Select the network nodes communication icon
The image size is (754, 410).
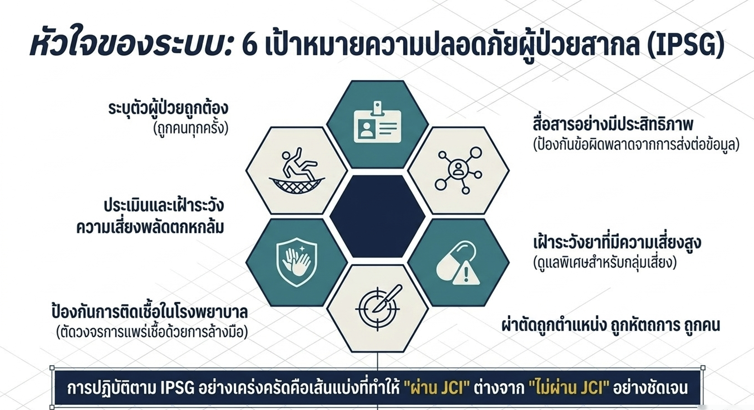(x=458, y=170)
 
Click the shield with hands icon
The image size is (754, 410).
(x=296, y=262)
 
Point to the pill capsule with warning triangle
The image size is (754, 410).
(x=458, y=263)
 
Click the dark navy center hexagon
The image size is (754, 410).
(x=377, y=216)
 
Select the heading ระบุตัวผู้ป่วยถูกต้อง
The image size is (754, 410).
(x=168, y=108)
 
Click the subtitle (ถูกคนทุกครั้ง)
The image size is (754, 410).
(x=191, y=128)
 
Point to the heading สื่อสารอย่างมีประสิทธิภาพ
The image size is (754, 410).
(x=613, y=125)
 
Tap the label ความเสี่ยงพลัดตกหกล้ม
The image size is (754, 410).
(x=150, y=227)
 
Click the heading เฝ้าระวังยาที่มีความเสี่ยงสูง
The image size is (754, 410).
(x=617, y=242)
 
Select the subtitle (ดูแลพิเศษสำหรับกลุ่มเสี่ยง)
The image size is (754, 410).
(x=605, y=263)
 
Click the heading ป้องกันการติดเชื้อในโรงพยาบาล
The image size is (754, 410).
(x=149, y=312)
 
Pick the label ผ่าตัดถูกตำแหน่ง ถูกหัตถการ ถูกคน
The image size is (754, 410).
(x=611, y=325)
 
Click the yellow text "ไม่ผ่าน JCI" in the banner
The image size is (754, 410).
(x=569, y=388)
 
